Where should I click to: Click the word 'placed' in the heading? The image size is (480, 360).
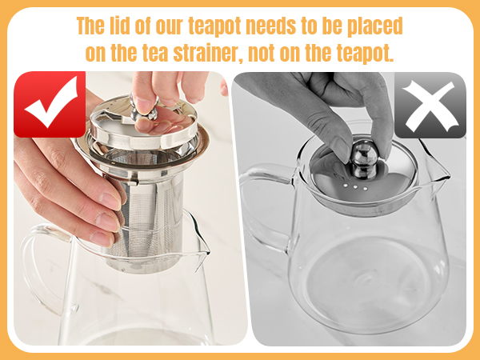374,25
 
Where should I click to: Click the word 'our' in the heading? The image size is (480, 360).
186,25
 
